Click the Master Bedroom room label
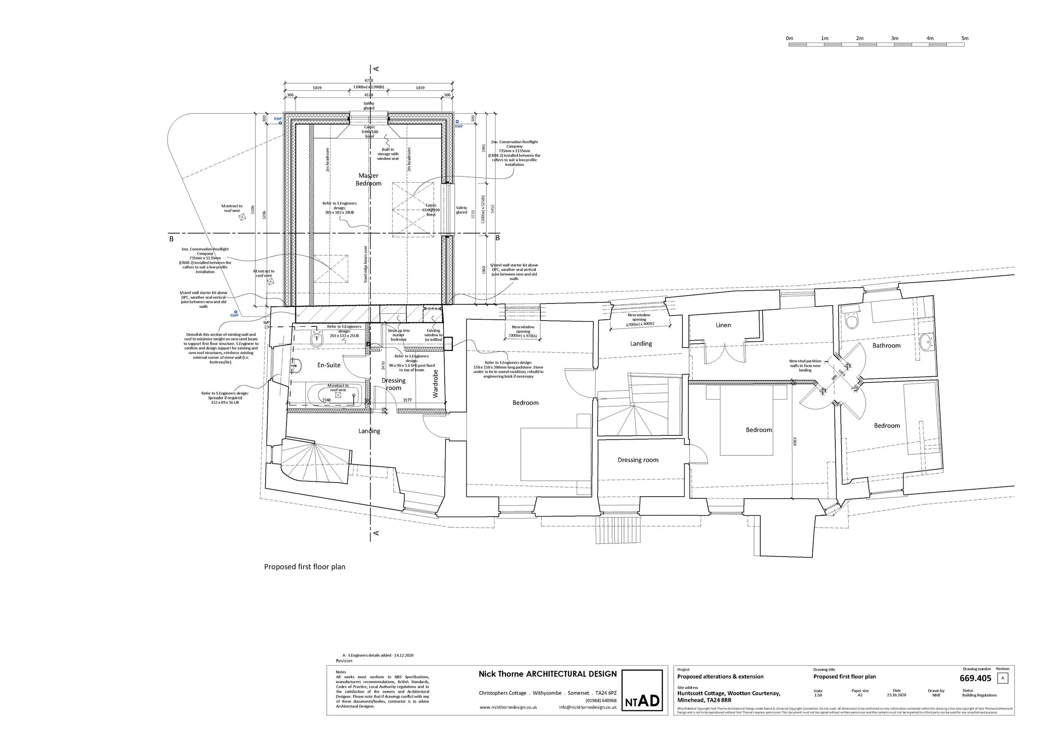click(x=368, y=179)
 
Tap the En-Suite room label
click(x=329, y=365)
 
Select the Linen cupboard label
click(x=723, y=325)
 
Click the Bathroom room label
click(x=887, y=346)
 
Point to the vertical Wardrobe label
click(x=436, y=383)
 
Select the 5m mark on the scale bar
click(x=965, y=39)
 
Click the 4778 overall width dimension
click(x=369, y=81)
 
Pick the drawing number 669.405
click(x=975, y=679)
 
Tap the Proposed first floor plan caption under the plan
click(x=305, y=567)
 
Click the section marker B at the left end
click(x=172, y=239)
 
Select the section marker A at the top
click(x=376, y=69)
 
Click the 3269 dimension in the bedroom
click(x=795, y=441)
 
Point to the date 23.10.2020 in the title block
click(x=897, y=695)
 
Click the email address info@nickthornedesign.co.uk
click(x=587, y=707)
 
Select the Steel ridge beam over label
click(x=366, y=264)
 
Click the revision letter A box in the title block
click(x=1002, y=679)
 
